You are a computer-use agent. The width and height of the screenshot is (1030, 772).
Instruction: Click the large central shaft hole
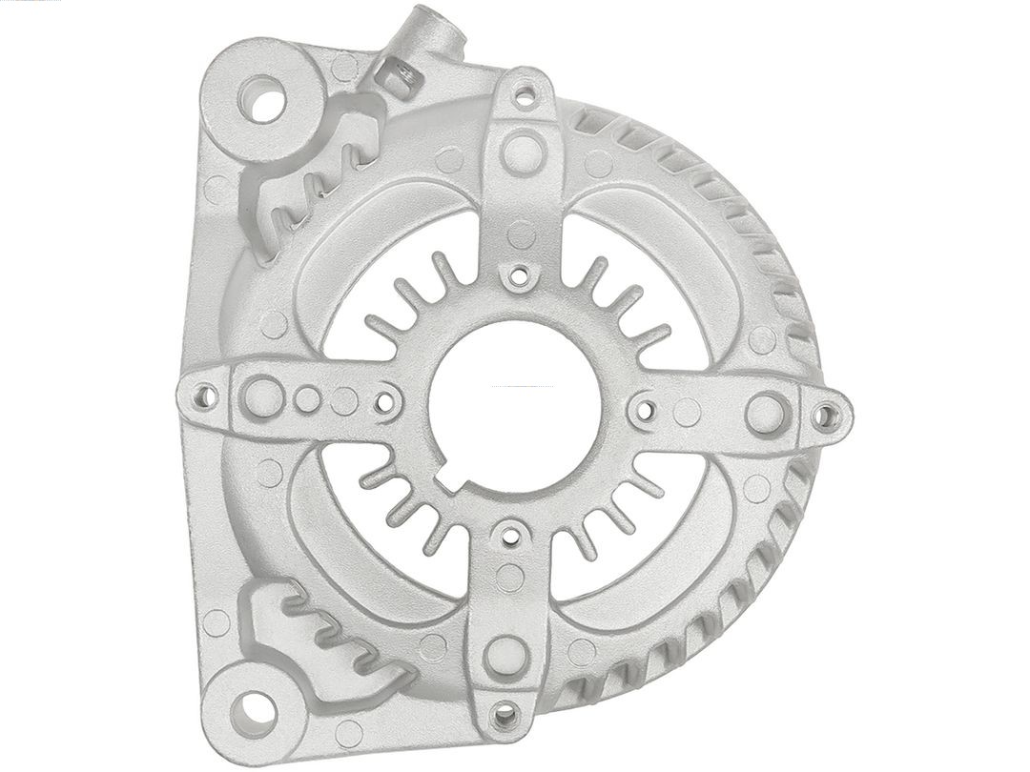[x=515, y=404]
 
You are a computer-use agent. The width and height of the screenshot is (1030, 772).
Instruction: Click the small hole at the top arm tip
[x=524, y=94]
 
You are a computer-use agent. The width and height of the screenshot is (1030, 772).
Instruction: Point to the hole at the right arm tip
[x=826, y=416]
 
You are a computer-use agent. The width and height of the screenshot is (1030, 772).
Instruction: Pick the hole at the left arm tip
[x=204, y=396]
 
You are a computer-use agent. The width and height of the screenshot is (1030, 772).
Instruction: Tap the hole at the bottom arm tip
[x=505, y=713]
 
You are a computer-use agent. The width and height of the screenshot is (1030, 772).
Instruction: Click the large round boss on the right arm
[x=766, y=413]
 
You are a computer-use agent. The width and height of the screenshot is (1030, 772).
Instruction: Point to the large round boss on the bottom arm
[x=505, y=655]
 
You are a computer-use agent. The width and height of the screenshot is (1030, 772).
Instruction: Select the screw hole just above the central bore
[x=517, y=276]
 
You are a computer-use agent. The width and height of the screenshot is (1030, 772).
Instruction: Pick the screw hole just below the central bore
[x=510, y=536]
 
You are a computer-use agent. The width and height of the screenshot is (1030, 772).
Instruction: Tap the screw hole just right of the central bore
[x=644, y=411]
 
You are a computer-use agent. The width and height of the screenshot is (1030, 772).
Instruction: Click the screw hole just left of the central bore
[x=384, y=402]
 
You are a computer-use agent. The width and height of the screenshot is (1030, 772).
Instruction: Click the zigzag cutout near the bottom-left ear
[x=329, y=634]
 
